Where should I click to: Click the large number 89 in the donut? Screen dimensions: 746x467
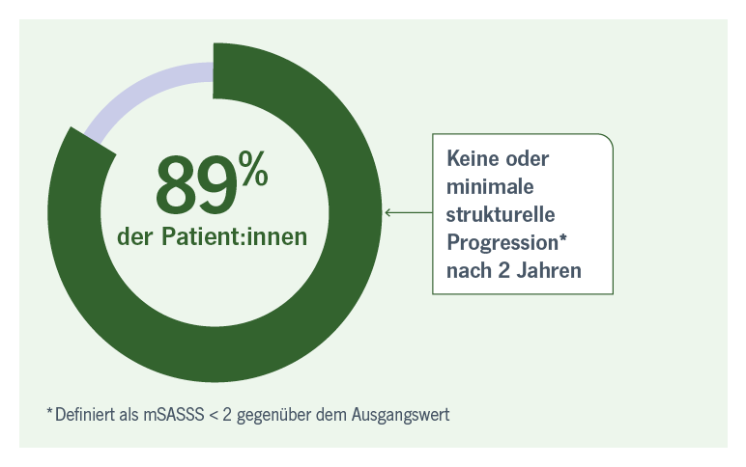point(196,185)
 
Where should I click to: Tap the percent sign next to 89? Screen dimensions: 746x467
point(253,168)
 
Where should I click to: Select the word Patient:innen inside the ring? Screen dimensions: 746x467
point(234,236)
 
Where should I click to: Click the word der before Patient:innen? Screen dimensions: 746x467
point(134,236)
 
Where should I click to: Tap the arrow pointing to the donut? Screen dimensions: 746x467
point(408,212)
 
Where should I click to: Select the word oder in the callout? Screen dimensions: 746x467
point(528,158)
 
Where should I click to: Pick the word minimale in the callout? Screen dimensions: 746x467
point(490,186)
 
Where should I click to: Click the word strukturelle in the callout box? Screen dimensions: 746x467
point(501,214)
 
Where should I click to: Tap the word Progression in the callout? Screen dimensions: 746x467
point(502,243)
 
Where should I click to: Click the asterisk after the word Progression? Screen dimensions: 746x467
point(562,236)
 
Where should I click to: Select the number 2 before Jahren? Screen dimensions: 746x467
point(503,271)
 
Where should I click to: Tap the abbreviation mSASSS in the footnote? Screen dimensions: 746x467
point(174,415)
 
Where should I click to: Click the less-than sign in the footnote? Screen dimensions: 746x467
point(214,415)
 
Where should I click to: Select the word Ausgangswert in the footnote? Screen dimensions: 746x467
point(401,415)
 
